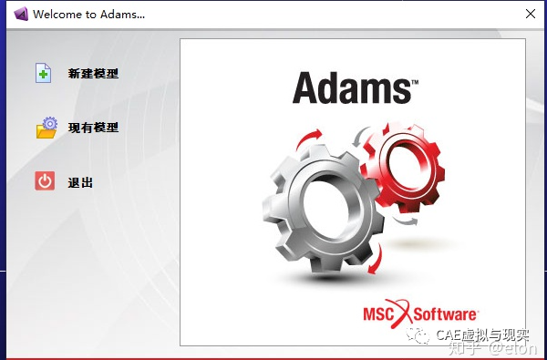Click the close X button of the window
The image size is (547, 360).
point(530,15)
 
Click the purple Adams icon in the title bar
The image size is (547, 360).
point(15,15)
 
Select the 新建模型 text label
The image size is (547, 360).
point(93,74)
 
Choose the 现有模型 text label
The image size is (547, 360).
point(93,128)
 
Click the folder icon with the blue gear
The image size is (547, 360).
point(46,128)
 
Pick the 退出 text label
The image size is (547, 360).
point(80,182)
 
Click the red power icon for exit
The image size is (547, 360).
point(45,180)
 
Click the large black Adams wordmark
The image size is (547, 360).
point(351,89)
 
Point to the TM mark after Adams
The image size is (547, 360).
point(414,81)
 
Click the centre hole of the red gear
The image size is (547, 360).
point(404,165)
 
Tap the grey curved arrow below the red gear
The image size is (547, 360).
point(409,219)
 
